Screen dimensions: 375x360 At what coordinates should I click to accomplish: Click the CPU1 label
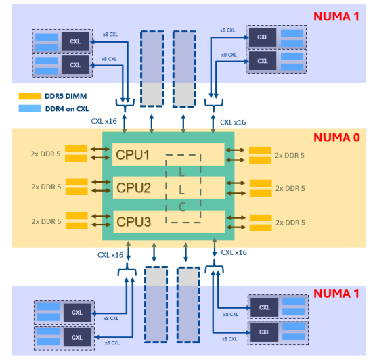133,155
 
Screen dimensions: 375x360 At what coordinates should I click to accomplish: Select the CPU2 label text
134,187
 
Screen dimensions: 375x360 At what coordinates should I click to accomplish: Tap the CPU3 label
134,222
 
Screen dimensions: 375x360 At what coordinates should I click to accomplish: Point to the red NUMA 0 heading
336,137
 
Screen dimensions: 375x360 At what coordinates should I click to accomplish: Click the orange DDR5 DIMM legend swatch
30,96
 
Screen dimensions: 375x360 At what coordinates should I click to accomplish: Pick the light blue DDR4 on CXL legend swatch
30,108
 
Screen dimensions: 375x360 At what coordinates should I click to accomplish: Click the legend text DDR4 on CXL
67,109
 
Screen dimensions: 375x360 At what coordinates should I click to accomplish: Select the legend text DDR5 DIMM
66,96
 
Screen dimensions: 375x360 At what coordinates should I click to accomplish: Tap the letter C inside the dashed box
183,207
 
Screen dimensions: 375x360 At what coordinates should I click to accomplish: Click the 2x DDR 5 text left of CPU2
46,187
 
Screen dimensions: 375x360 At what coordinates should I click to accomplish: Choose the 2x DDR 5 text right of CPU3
290,223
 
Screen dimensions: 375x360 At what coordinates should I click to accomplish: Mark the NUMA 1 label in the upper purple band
336,16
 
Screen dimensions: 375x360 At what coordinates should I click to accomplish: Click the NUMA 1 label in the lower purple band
336,293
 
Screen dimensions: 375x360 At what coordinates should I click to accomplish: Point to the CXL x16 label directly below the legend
104,121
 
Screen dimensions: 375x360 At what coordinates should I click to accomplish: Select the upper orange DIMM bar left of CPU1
76,148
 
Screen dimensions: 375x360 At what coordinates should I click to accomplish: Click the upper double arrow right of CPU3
236,217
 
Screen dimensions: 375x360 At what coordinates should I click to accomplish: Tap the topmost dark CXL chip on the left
75,41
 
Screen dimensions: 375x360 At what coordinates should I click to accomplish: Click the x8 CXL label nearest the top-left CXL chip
110,35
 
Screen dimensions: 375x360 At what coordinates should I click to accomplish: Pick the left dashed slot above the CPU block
152,69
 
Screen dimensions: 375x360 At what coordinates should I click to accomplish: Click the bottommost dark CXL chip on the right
264,332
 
